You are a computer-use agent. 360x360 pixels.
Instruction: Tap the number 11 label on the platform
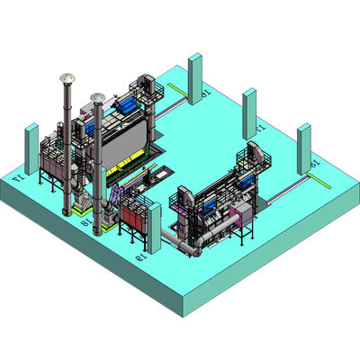[262, 130]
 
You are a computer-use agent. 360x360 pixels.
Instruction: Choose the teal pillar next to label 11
[249, 112]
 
